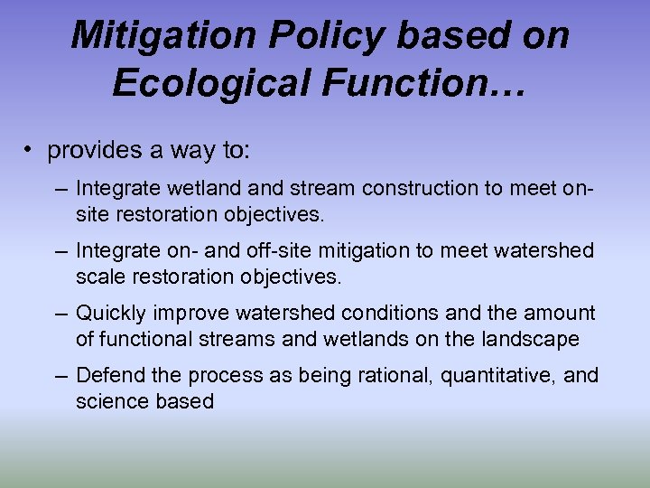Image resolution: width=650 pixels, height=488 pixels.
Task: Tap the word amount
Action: [563, 313]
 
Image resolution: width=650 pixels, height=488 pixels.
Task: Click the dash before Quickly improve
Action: [60, 313]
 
